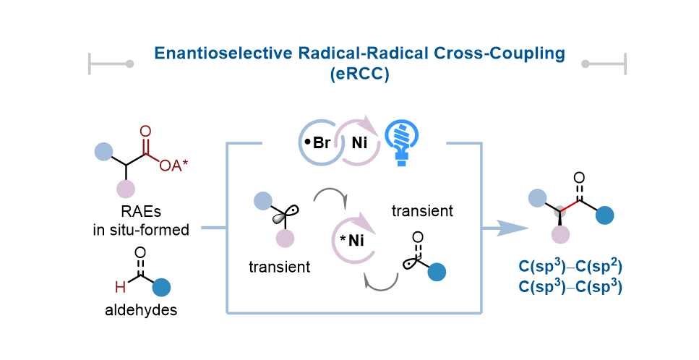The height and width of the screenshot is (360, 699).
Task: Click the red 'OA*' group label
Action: point(174,166)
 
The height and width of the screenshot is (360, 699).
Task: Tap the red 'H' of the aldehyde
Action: point(122,287)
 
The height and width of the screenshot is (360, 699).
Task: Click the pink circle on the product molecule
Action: point(561,234)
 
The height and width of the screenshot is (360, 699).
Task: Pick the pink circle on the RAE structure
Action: point(126,189)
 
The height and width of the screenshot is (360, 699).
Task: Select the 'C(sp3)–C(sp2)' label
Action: point(571,267)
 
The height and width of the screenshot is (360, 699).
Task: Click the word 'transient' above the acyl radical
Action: point(422,211)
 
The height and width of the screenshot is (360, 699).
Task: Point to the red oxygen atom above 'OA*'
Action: point(146,132)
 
